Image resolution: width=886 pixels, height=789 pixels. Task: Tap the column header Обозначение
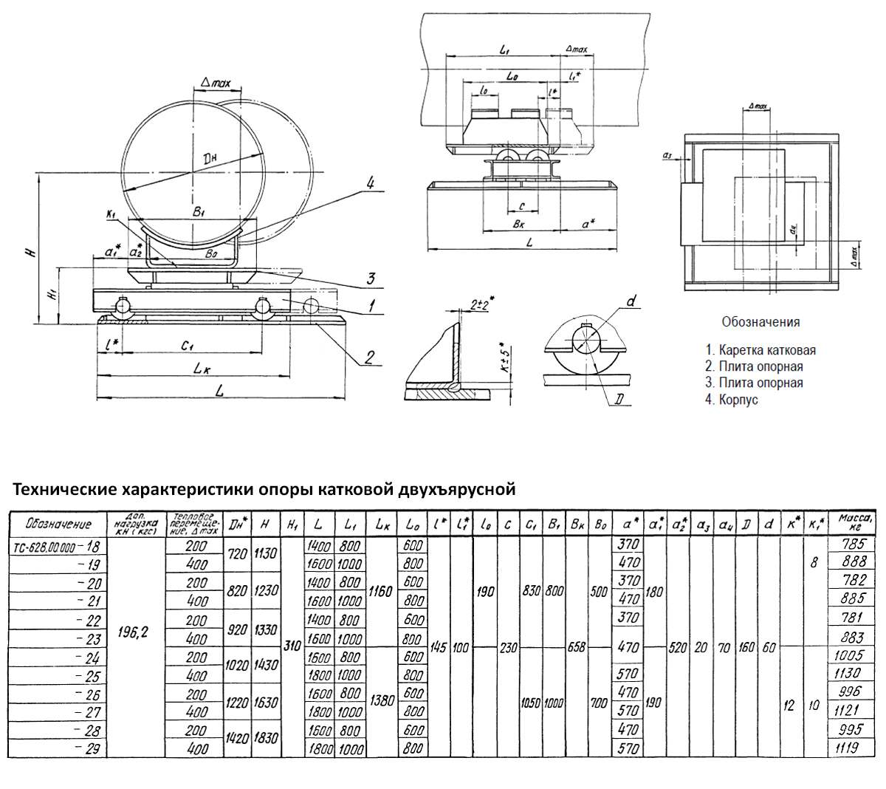click(x=58, y=524)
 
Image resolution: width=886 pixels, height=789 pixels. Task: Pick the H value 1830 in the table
click(x=264, y=738)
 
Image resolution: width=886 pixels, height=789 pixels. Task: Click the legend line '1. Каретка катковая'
click(x=760, y=350)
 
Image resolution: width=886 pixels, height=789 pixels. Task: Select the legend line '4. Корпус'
click(x=732, y=400)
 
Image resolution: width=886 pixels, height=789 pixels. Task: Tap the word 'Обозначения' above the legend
click(x=760, y=322)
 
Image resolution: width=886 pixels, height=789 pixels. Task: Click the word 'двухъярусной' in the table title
click(x=457, y=490)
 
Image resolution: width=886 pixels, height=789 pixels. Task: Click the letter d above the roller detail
click(x=630, y=301)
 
